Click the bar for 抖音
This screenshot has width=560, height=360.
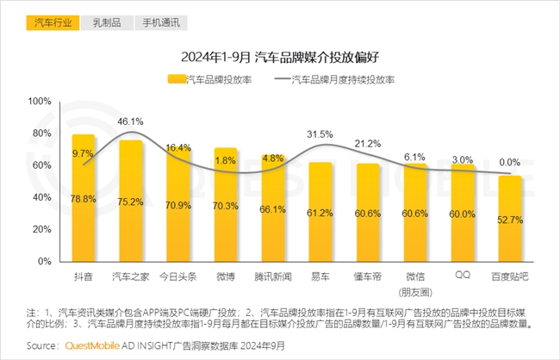point(84,198)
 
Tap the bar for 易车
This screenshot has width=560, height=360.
point(320,212)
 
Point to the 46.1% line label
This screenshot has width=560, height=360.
point(131,121)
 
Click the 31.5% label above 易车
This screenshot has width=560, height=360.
point(320,134)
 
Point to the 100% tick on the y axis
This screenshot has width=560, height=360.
point(40,101)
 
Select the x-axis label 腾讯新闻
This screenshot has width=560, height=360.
point(273,276)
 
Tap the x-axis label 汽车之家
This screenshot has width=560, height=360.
point(131,276)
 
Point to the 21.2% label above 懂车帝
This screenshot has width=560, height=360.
point(368,143)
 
